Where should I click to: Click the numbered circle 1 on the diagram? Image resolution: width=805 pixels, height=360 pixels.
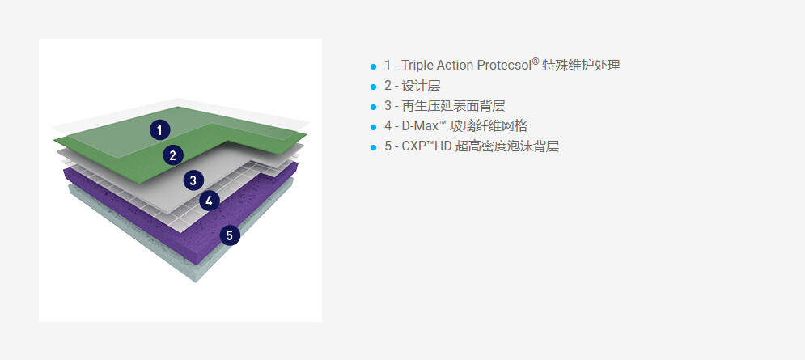159,130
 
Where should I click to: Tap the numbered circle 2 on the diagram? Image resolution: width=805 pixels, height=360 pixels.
173,155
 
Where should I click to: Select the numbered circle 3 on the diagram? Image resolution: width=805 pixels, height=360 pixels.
193,180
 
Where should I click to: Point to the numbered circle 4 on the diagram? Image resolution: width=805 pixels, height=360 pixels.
209,201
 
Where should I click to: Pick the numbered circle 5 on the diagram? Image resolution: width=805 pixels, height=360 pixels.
230,235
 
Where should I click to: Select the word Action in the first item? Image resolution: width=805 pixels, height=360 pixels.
456,66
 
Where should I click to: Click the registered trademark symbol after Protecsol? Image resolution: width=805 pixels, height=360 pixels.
536,62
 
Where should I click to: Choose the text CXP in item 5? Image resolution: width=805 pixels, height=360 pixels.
413,146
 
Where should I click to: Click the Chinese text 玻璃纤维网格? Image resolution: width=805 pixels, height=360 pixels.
488,126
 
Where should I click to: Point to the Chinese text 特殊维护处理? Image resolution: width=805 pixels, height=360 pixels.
581,66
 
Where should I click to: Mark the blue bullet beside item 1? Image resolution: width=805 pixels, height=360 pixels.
373,66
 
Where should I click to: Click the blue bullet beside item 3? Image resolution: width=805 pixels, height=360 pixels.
373,107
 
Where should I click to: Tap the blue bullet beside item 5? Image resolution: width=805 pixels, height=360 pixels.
373,147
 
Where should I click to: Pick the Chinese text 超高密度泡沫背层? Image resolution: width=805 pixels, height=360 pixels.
506,146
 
